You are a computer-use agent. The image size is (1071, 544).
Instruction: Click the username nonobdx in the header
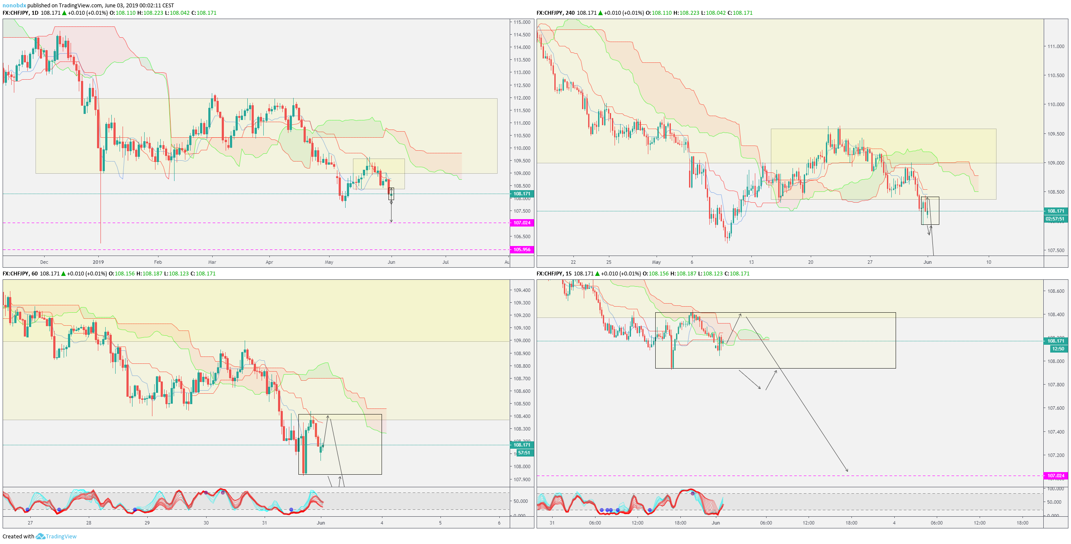[x=14, y=6]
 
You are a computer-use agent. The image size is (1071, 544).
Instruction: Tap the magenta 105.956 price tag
[x=522, y=249]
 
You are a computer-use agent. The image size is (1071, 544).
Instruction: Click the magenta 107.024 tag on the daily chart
[x=522, y=223]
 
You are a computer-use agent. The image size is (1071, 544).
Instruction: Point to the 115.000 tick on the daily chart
[x=522, y=22]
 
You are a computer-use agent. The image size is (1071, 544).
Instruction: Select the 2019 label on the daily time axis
[x=98, y=262]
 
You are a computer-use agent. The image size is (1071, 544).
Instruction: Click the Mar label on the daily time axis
[x=212, y=262]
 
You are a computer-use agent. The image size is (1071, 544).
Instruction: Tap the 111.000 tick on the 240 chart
[x=1055, y=46]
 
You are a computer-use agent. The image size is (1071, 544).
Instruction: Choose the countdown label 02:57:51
[x=1055, y=219]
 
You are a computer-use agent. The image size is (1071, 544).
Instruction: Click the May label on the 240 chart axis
[x=656, y=262]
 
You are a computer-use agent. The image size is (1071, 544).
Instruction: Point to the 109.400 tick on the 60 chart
[x=522, y=290]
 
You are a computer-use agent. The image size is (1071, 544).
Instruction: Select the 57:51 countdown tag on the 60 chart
[x=524, y=453]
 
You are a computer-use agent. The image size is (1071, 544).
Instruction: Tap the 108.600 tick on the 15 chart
[x=1055, y=291]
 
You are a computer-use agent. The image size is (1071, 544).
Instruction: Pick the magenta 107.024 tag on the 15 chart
[x=1055, y=476]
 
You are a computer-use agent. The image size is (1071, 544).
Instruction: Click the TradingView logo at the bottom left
[x=56, y=536]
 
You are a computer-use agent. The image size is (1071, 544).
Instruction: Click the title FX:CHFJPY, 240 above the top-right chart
[x=555, y=13]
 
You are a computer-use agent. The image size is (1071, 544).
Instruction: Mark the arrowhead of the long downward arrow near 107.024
[x=847, y=471]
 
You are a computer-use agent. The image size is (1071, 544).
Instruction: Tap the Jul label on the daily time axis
[x=445, y=262]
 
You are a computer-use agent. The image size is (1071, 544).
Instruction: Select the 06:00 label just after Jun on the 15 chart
[x=766, y=523]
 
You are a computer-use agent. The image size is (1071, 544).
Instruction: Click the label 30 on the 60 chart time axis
[x=206, y=523]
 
